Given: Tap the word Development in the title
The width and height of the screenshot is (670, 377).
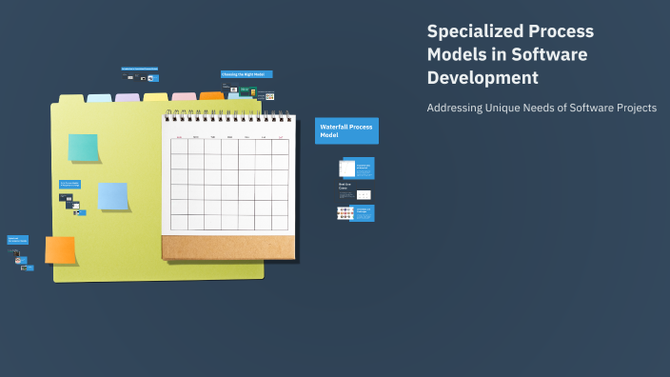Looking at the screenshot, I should (x=483, y=78).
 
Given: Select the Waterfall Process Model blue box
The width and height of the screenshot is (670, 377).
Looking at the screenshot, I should (x=346, y=130).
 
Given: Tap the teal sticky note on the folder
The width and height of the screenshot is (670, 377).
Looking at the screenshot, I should (x=83, y=148).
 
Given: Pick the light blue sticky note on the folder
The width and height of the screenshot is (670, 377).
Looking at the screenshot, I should (x=113, y=196).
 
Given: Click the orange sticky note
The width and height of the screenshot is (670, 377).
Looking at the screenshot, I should (x=60, y=250).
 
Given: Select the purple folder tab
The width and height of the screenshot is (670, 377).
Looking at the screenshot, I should (x=128, y=97).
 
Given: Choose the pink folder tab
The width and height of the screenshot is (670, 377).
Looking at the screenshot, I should (x=185, y=96).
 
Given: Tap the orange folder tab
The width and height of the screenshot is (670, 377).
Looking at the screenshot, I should (x=211, y=95).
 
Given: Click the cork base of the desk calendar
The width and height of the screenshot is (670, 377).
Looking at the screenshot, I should (x=228, y=248).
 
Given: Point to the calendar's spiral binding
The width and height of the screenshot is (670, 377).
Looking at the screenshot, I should (x=228, y=116).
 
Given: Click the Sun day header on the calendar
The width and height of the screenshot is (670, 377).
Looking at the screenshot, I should (x=179, y=137).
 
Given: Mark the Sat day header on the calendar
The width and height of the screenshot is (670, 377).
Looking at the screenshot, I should (x=281, y=137).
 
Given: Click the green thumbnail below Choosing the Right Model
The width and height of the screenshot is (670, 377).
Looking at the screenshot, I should (x=245, y=89).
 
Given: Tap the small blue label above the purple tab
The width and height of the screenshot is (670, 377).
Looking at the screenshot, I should (x=139, y=69).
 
